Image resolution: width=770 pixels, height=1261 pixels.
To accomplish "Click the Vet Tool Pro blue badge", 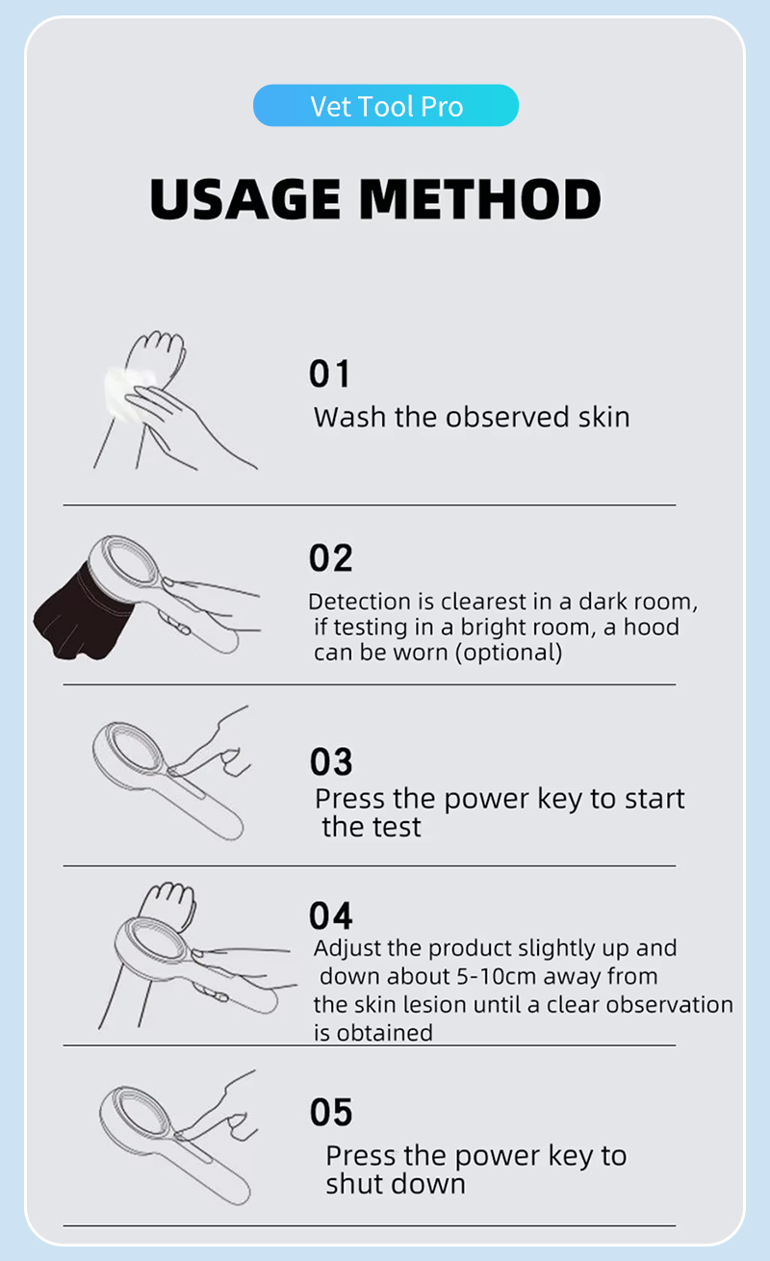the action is pyautogui.click(x=386, y=105).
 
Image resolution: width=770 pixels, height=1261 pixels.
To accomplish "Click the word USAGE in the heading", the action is pyautogui.click(x=245, y=198).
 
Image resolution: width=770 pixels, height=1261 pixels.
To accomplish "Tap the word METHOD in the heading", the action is pyautogui.click(x=480, y=198).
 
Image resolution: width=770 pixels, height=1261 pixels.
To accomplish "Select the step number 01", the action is pyautogui.click(x=329, y=373).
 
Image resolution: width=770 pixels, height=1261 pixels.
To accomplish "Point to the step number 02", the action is pyautogui.click(x=330, y=558).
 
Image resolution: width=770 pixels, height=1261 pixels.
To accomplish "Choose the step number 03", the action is pyautogui.click(x=331, y=761).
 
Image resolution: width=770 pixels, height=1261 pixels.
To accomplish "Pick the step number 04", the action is pyautogui.click(x=330, y=916).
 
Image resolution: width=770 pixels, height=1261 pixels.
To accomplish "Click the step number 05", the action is pyautogui.click(x=331, y=1113).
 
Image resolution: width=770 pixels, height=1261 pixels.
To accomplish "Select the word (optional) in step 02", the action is pyautogui.click(x=508, y=653).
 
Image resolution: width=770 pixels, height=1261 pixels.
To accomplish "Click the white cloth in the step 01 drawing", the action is pyautogui.click(x=124, y=394).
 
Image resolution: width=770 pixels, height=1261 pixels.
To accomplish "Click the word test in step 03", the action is pyautogui.click(x=398, y=828).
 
